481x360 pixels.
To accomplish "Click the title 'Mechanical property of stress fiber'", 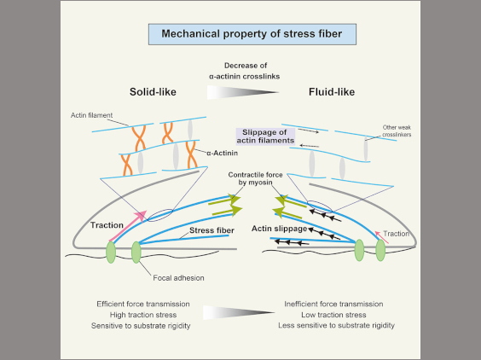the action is (252, 34).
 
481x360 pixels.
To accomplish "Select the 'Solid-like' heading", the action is (153, 92).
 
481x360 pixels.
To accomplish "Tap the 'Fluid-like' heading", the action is (332, 92).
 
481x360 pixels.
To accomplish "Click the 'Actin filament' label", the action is (91, 115).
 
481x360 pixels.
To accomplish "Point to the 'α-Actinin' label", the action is (222, 153).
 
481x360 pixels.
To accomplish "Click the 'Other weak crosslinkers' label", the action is (397, 131).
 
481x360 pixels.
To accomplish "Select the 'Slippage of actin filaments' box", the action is (265, 136).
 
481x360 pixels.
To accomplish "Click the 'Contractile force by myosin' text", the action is (255, 178).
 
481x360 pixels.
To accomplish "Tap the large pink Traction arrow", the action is (128, 226).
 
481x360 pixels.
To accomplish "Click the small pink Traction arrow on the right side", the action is (381, 237).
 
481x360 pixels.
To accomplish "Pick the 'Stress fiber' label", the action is (212, 230).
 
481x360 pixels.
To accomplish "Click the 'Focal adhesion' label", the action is (178, 278).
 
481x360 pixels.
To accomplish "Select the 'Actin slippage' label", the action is (279, 229).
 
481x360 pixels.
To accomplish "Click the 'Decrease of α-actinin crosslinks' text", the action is (245, 71).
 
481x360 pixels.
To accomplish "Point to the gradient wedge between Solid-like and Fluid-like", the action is (242, 92).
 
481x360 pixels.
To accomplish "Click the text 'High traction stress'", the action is (143, 315).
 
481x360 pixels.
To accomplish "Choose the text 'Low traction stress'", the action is (333, 315).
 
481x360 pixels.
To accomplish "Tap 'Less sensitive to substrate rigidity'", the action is (336, 325).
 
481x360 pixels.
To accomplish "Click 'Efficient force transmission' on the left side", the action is (143, 305).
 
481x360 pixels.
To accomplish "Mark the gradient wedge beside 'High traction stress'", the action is (239, 312).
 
